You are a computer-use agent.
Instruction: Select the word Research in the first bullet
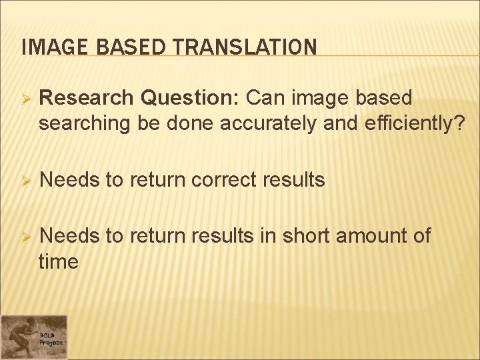(87, 98)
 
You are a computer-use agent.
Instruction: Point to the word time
(59, 262)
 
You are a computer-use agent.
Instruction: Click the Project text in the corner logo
(51, 342)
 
